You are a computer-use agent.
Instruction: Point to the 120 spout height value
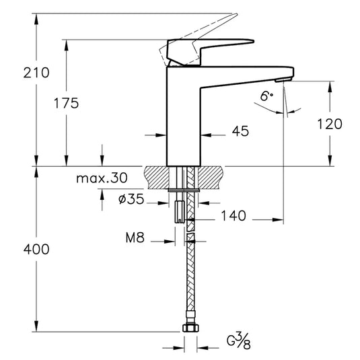click(x=329, y=124)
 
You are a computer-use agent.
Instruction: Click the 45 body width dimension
click(x=240, y=131)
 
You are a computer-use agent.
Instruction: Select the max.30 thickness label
click(x=101, y=178)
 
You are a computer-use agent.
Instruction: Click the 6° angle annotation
click(x=267, y=97)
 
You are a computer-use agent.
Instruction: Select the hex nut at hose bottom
click(x=190, y=329)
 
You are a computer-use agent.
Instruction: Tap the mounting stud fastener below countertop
click(x=178, y=210)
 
